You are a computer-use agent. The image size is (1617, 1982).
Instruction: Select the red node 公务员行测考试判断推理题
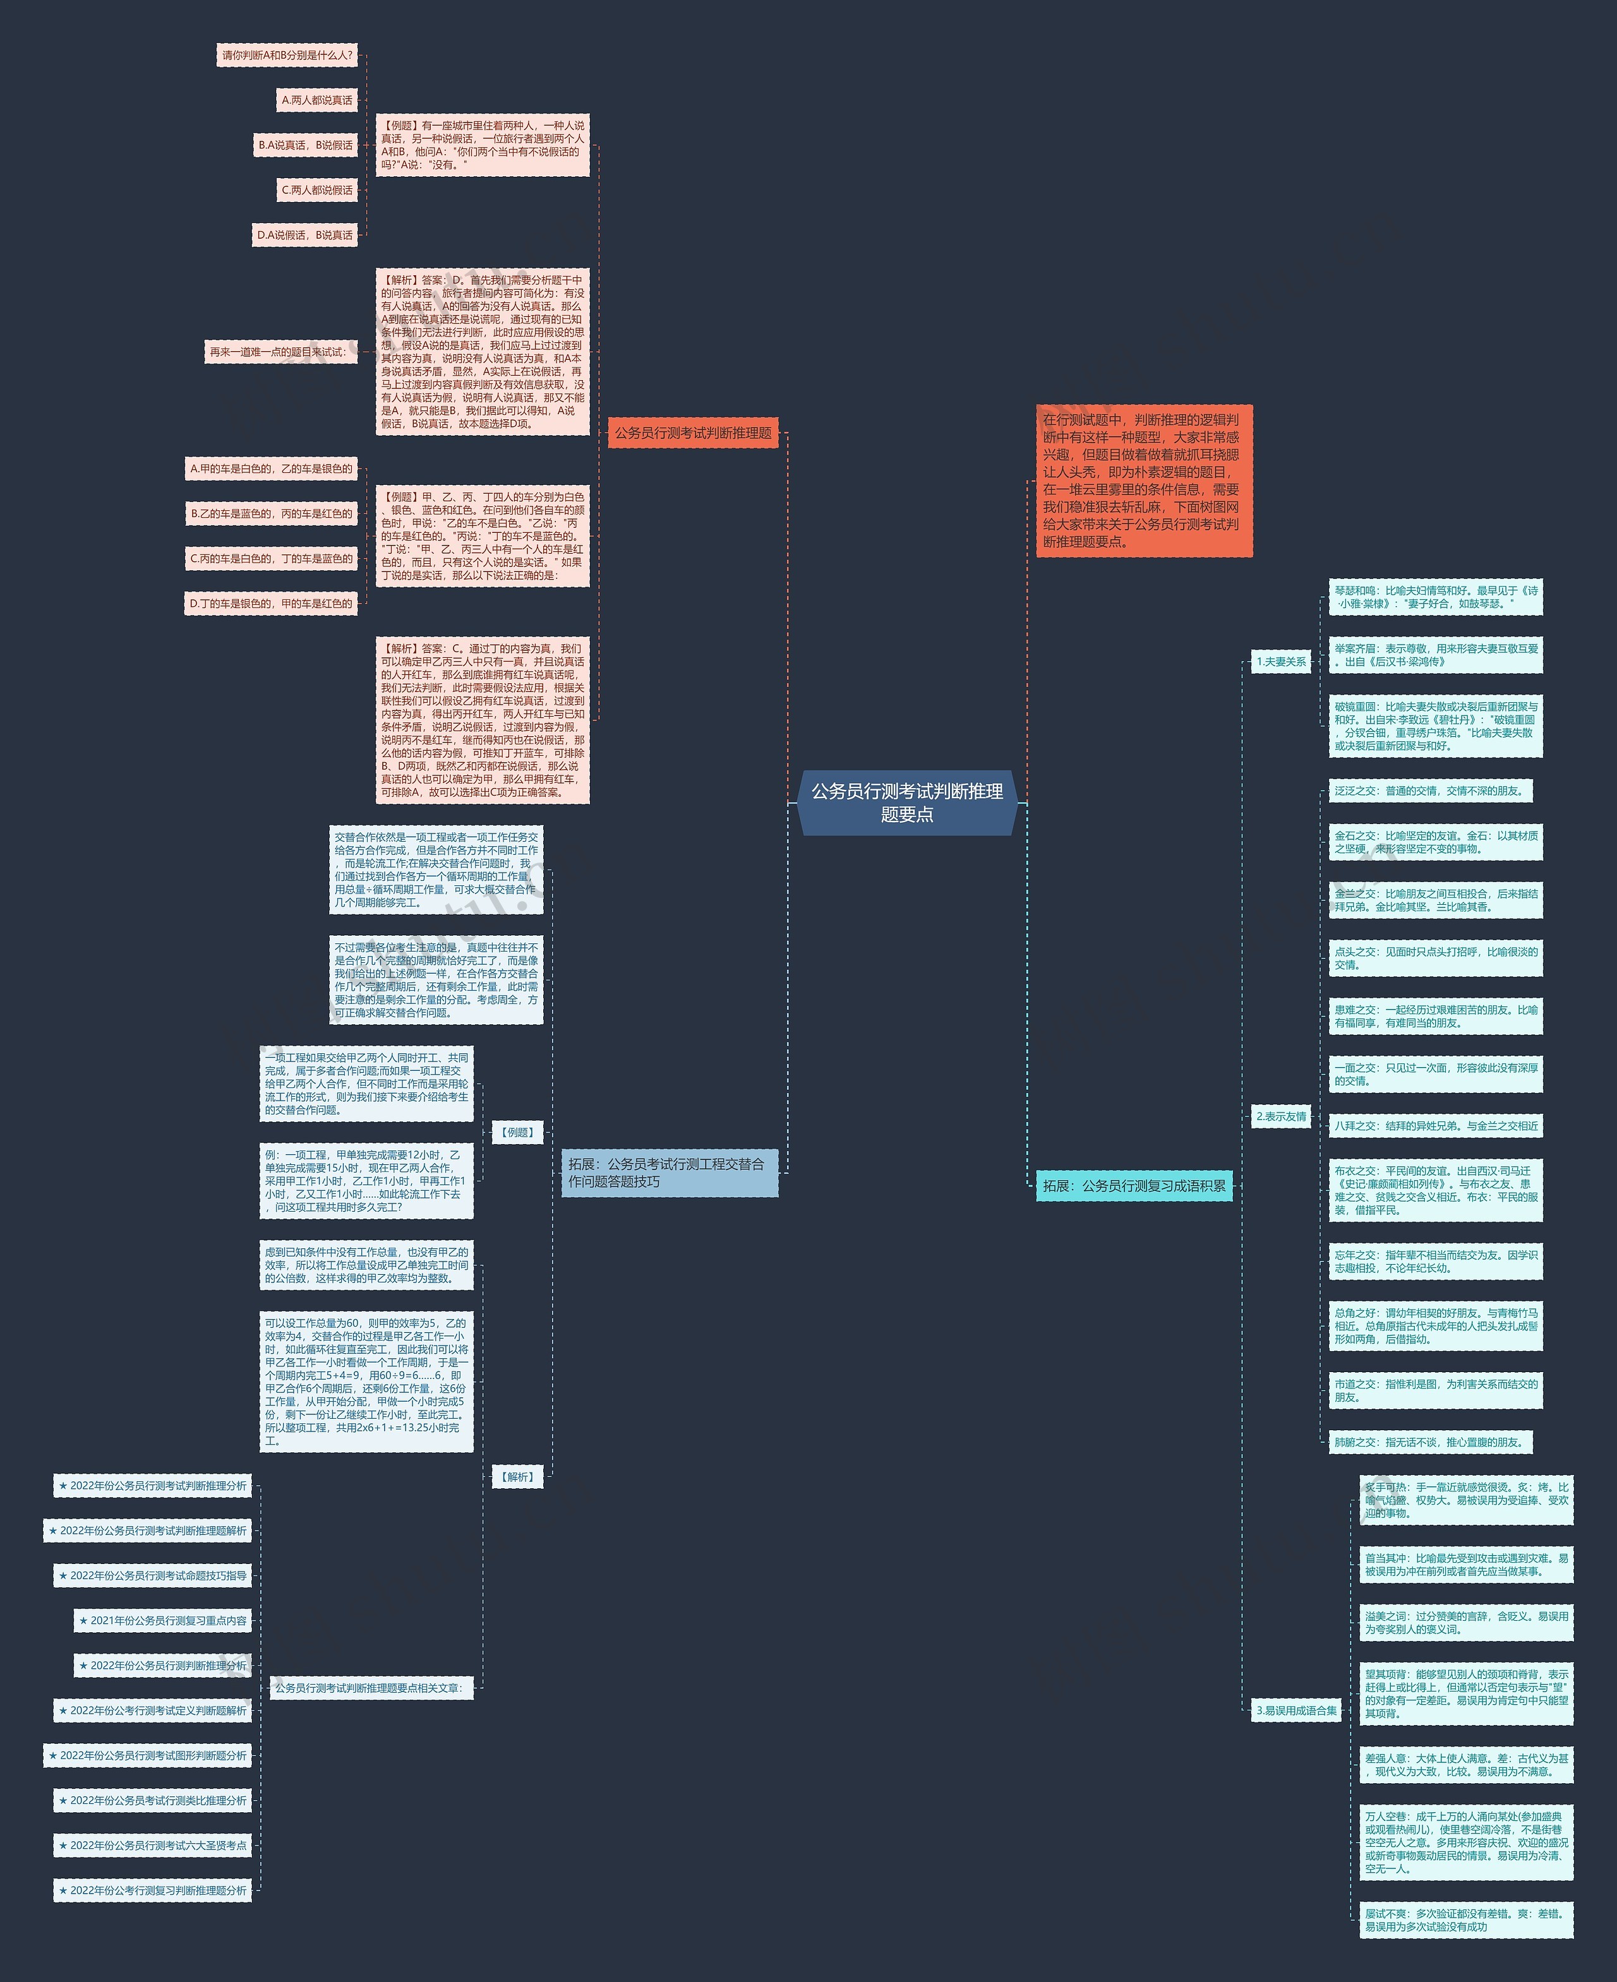point(692,433)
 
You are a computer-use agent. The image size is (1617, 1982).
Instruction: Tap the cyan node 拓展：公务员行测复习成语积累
point(1134,1185)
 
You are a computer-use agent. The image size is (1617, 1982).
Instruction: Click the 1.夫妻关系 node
point(1281,662)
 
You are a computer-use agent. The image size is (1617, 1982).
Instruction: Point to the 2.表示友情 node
point(1281,1116)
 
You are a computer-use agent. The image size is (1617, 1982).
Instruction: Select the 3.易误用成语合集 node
point(1295,1710)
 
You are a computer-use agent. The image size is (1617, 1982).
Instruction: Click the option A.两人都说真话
point(316,100)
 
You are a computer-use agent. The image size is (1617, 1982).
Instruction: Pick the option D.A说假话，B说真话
point(304,235)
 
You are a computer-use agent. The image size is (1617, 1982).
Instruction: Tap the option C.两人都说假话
point(316,190)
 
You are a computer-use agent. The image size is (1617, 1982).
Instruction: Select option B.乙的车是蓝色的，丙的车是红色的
point(271,513)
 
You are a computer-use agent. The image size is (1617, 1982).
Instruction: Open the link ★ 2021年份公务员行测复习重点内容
point(163,1620)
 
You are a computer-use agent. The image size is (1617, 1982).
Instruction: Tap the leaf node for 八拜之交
point(1435,1126)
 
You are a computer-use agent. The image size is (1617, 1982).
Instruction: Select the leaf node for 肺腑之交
point(1430,1442)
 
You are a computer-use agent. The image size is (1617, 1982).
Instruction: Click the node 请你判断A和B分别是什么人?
point(287,56)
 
